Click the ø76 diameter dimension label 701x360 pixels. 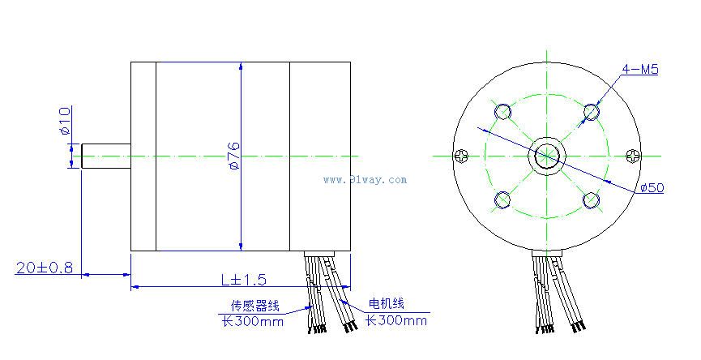click(234, 156)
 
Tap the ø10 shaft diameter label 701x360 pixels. click(65, 121)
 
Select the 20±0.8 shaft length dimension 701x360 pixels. click(45, 268)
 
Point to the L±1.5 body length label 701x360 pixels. click(244, 280)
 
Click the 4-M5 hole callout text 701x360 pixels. click(640, 69)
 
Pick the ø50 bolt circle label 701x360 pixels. click(652, 187)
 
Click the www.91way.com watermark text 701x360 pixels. click(365, 180)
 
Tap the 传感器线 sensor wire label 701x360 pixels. click(254, 306)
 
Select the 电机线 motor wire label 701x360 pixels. click(387, 304)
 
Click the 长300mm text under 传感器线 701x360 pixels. click(253, 321)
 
